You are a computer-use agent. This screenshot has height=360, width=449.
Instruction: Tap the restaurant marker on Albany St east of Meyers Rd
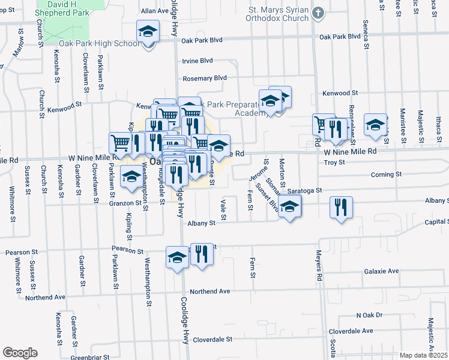[342, 208]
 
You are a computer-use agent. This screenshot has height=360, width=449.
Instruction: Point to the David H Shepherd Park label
[70, 8]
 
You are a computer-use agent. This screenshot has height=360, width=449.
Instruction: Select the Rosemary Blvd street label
[205, 78]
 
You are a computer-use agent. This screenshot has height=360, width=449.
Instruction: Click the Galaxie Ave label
[381, 271]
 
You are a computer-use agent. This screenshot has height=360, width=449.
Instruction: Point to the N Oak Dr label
[369, 315]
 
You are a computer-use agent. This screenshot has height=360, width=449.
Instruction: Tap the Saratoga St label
[305, 190]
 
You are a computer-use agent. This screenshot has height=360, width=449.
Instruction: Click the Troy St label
[334, 163]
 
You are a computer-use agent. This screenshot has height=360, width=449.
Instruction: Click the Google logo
[20, 353]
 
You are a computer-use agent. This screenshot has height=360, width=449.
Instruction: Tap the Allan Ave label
[155, 11]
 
